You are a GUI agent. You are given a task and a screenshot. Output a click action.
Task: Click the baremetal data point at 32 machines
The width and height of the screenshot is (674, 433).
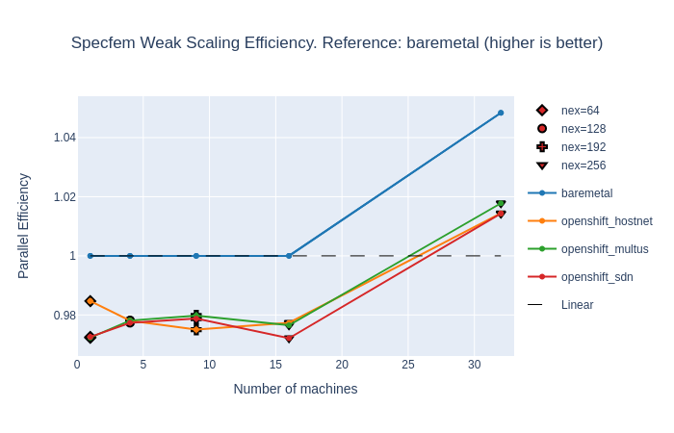pyautogui.click(x=501, y=113)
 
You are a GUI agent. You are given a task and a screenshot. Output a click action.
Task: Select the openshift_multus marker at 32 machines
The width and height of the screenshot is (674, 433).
pyautogui.click(x=501, y=204)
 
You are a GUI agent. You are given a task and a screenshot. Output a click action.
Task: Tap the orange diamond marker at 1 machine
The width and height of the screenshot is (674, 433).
pyautogui.click(x=91, y=301)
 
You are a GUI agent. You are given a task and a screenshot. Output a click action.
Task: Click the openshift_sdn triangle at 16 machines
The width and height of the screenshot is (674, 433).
pyautogui.click(x=289, y=339)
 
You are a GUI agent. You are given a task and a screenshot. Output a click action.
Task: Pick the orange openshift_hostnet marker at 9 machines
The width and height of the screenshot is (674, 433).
pyautogui.click(x=196, y=329)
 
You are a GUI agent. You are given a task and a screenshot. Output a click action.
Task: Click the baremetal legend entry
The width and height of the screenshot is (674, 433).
pyautogui.click(x=586, y=193)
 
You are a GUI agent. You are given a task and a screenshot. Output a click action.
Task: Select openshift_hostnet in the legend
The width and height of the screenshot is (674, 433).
pyautogui.click(x=606, y=221)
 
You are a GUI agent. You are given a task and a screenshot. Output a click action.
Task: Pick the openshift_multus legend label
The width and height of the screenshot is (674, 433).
pyautogui.click(x=604, y=249)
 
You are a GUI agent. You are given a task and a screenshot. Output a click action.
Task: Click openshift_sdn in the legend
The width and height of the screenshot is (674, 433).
pyautogui.click(x=597, y=277)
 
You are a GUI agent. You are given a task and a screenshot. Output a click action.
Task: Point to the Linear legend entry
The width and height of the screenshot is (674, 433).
pyautogui.click(x=577, y=305)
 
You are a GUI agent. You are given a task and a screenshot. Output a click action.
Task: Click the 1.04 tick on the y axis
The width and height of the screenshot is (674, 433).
pyautogui.click(x=65, y=138)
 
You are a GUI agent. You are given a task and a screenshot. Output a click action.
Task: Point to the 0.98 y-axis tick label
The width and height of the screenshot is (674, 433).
pyautogui.click(x=65, y=316)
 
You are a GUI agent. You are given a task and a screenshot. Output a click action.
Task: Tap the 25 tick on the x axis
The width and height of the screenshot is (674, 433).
pyautogui.click(x=407, y=365)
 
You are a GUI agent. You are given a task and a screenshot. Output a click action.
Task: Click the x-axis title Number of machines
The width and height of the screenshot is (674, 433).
pyautogui.click(x=296, y=389)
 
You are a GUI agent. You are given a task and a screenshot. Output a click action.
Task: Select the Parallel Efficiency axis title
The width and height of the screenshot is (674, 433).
pyautogui.click(x=24, y=226)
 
